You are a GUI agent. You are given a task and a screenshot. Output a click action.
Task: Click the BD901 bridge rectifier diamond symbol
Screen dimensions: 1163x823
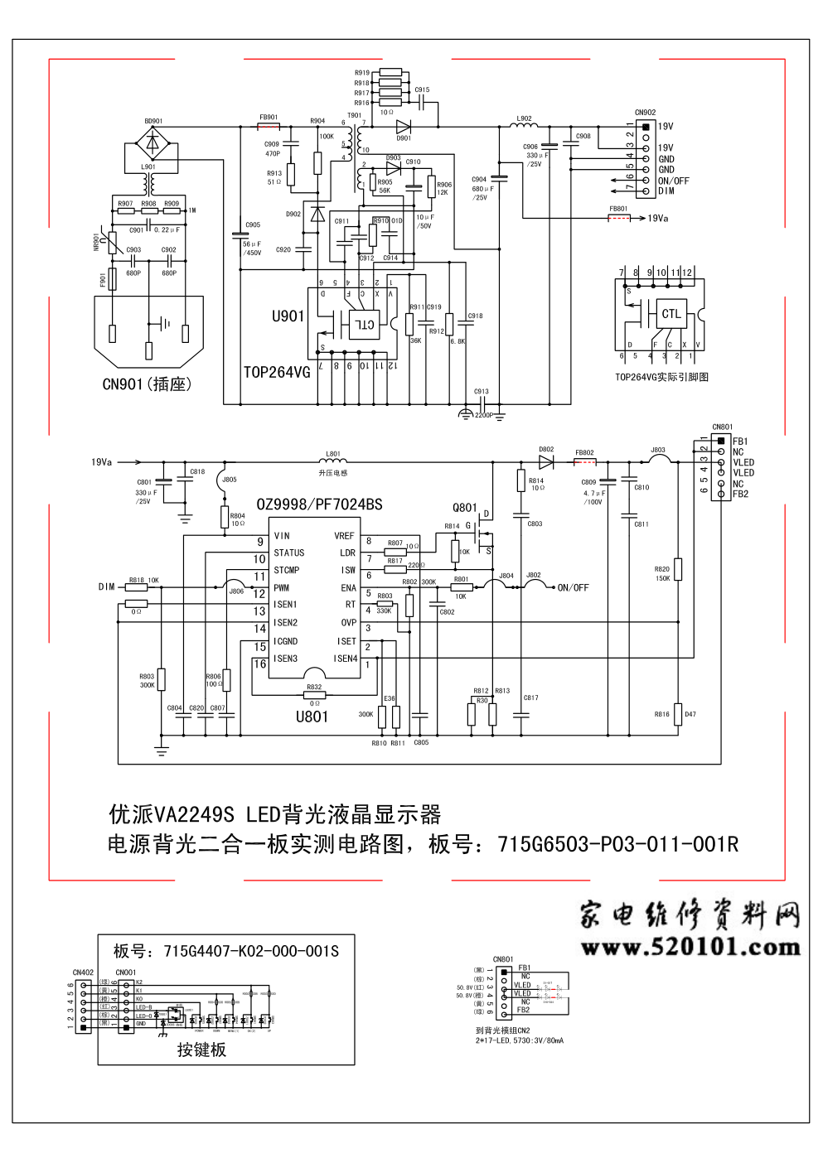point(153,142)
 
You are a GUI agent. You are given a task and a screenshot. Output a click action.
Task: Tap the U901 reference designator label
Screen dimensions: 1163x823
point(288,316)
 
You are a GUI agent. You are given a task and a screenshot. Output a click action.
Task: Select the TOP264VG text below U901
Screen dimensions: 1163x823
point(277,373)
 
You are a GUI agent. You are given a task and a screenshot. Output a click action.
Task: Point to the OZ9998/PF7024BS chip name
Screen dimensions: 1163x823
point(320,504)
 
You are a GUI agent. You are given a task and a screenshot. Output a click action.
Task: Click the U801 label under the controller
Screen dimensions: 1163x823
point(312,717)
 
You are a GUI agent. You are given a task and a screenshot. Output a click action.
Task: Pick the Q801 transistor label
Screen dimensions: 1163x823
point(465,508)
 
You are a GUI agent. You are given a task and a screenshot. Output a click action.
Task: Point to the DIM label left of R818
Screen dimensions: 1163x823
point(106,586)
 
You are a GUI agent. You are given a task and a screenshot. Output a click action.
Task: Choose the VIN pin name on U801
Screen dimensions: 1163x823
point(282,536)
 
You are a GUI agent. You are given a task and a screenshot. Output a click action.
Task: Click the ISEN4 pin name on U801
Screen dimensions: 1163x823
point(345,659)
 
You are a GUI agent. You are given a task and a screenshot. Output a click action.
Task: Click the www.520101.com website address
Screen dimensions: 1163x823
point(689,946)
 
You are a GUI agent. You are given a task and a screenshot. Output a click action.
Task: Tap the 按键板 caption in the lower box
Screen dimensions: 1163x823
point(201,1050)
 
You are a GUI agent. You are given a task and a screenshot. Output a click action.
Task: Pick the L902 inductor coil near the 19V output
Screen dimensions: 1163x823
point(524,126)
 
